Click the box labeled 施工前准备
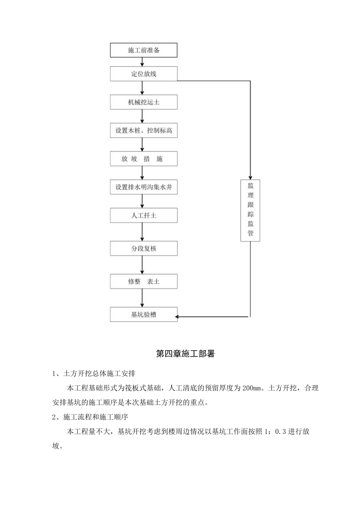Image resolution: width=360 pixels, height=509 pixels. click(x=144, y=50)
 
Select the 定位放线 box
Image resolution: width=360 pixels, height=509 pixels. click(x=144, y=74)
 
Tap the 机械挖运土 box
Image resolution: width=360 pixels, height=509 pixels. click(x=144, y=103)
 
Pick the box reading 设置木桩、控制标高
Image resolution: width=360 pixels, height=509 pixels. click(x=144, y=131)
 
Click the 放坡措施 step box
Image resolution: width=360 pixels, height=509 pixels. click(x=144, y=159)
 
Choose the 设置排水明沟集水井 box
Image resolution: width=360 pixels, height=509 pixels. click(x=144, y=187)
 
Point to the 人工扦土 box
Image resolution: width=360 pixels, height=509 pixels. click(x=144, y=215)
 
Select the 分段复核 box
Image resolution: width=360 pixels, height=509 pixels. click(x=144, y=248)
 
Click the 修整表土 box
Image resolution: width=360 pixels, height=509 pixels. click(x=144, y=281)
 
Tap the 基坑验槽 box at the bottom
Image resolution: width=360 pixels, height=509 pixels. click(x=144, y=314)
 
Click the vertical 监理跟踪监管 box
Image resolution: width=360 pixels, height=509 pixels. click(x=250, y=210)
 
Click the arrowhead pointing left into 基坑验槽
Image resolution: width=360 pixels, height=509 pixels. click(x=180, y=317)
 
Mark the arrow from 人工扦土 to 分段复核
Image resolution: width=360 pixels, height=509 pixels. click(x=142, y=232)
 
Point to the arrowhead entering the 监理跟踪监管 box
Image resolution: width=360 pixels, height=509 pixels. click(x=250, y=177)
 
